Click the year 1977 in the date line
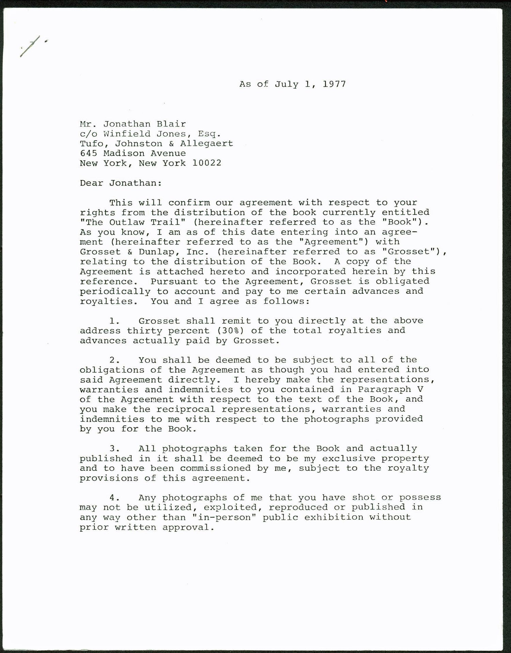pos(334,84)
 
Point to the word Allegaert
pos(206,143)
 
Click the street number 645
pos(89,153)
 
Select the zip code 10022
pos(206,163)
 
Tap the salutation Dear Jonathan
pos(121,183)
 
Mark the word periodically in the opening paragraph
pos(115,292)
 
